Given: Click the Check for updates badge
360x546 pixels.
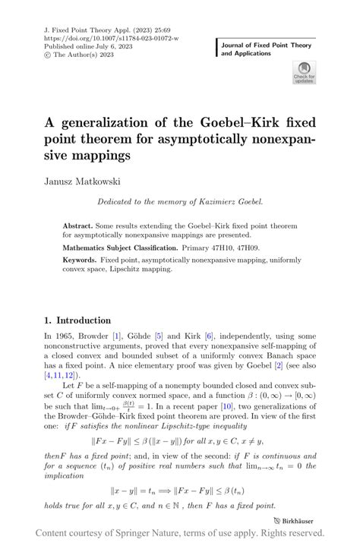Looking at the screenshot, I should tap(303, 74).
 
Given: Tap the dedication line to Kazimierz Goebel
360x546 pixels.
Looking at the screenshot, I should tap(179, 203).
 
